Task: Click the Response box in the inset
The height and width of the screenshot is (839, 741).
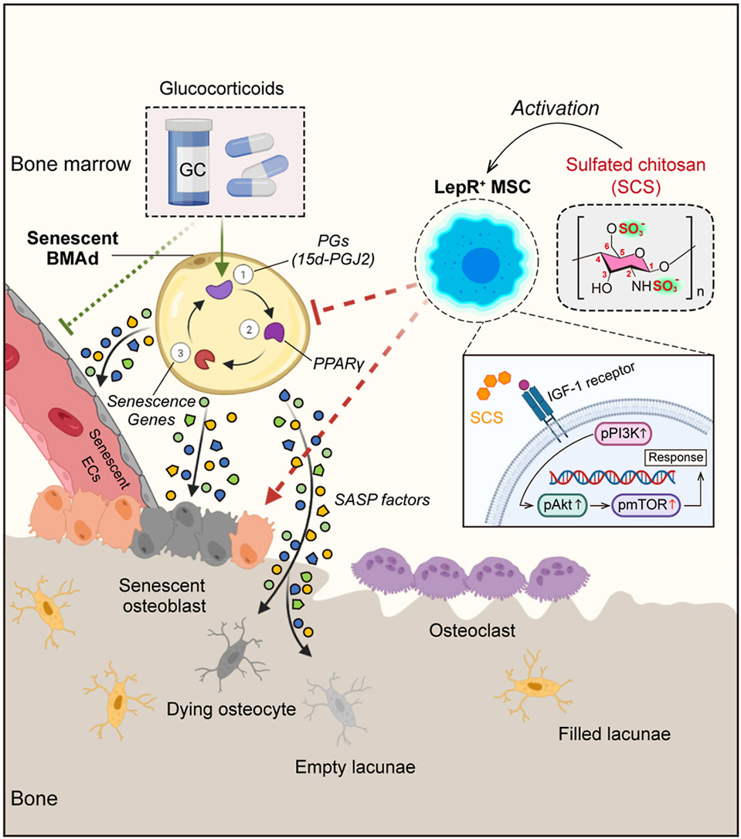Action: pos(677,457)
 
